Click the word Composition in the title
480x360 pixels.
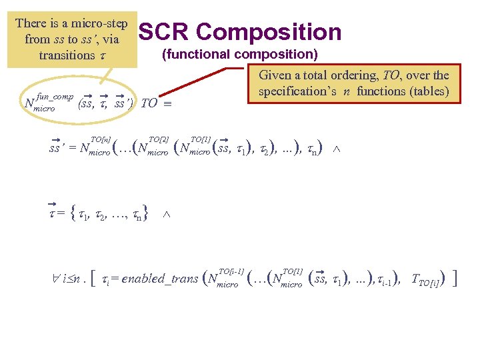[269, 31]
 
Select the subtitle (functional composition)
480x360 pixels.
[240, 54]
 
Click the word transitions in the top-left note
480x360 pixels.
[66, 55]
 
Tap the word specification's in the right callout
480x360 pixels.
[302, 91]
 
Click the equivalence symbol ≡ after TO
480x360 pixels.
[171, 104]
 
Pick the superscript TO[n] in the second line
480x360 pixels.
[100, 139]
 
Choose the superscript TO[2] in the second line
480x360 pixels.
[158, 139]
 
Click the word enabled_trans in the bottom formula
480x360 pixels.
[157, 279]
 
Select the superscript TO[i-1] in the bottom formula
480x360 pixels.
[231, 271]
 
